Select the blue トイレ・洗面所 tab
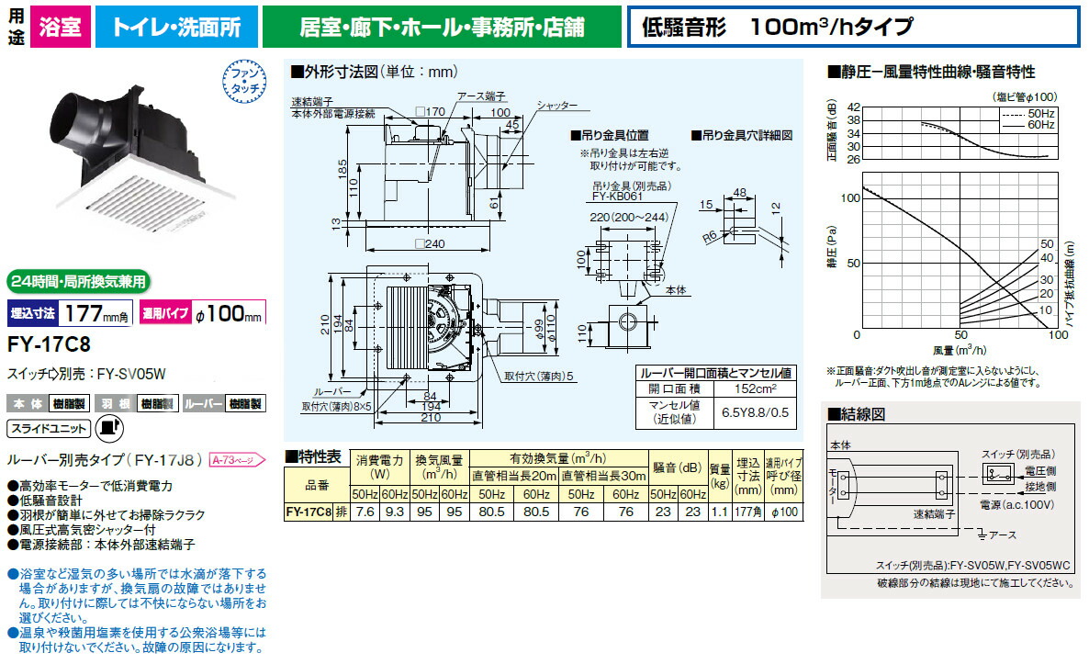tap(176, 26)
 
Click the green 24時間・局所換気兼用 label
tap(77, 281)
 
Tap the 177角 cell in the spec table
tap(747, 512)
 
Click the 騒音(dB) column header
tap(680, 465)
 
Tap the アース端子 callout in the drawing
tap(477, 96)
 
